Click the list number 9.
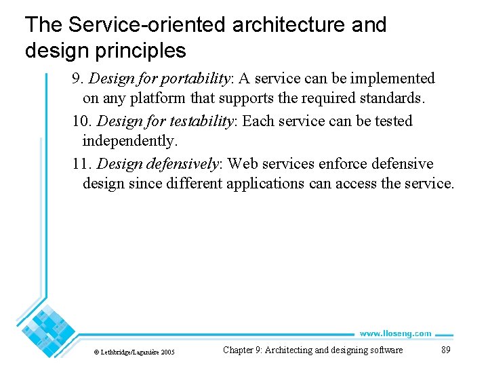coord(77,79)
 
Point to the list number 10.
coord(81,121)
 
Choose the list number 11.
coord(81,164)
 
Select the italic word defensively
coord(184,164)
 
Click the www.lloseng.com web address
coord(395,333)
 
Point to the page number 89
coord(445,350)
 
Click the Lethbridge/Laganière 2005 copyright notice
coord(134,352)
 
